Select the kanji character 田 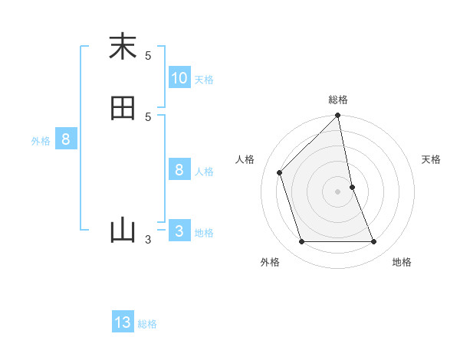122,108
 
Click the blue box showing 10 179,78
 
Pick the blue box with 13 123,322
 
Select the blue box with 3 179,231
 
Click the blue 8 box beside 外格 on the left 66,139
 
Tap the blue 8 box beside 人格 179,169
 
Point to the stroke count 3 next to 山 148,240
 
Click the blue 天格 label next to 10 204,80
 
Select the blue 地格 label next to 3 204,233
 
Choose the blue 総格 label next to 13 147,324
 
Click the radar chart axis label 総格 338,100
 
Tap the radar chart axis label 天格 431,159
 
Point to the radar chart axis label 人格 245,159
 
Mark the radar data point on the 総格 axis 338,116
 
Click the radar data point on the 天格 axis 352,187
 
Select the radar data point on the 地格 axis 374,242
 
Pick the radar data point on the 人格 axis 280,172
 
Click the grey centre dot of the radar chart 338,191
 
